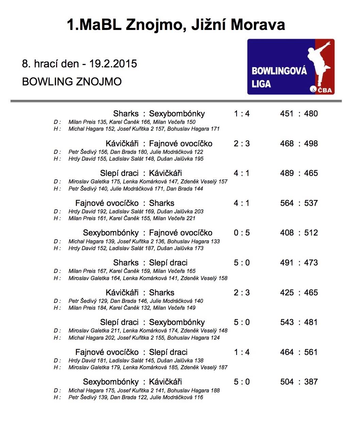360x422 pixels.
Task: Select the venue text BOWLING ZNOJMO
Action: (72, 82)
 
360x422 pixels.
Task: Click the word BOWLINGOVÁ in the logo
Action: (279, 71)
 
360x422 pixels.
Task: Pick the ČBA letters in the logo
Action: (325, 90)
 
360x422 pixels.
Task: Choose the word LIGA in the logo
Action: (261, 84)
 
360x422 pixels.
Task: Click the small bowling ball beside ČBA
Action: (313, 90)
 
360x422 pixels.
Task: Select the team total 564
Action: (287, 203)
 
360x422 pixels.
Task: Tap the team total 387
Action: (311, 382)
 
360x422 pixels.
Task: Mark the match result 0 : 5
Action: (242, 233)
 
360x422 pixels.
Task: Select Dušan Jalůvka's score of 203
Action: (199, 212)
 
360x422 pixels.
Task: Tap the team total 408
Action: (287, 233)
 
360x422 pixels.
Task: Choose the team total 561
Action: (311, 352)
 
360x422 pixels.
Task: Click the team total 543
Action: (287, 322)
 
